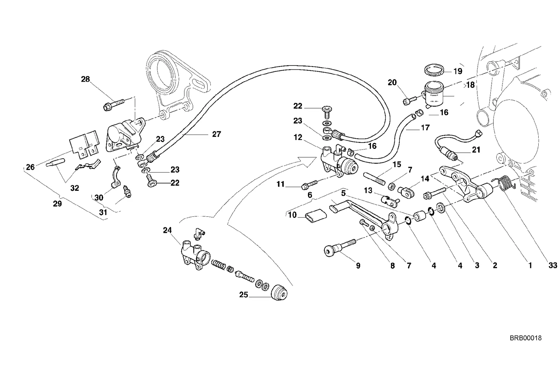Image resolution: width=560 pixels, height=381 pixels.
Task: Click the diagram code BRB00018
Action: tap(525, 338)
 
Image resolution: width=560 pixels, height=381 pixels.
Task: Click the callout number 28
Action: tap(85, 79)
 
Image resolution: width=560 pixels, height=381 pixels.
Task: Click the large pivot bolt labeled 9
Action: tap(340, 248)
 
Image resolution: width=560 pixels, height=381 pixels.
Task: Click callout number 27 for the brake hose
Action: tap(217, 134)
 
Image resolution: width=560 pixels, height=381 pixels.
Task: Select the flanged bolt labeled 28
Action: tap(114, 105)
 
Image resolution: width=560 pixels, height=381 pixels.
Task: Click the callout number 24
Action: tap(168, 230)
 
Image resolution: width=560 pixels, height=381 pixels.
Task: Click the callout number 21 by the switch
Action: tap(476, 150)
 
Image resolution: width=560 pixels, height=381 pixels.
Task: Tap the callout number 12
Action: tap(298, 137)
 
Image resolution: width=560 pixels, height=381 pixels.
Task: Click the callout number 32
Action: tap(75, 188)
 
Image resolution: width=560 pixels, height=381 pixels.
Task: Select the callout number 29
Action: tap(57, 204)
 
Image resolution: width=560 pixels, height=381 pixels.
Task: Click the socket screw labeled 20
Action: tap(410, 101)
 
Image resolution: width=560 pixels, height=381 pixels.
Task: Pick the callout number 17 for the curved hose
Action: tap(425, 127)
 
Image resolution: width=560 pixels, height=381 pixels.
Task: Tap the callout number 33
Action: tap(553, 265)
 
